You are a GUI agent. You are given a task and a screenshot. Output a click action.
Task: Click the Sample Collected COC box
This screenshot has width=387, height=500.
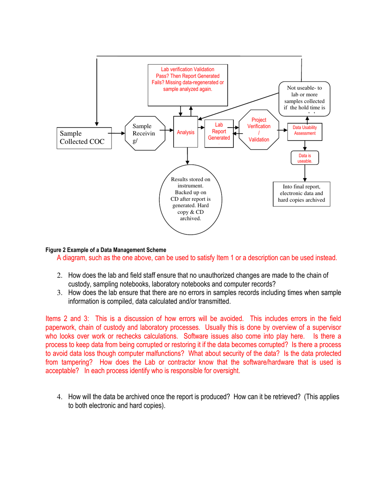pos(84,138)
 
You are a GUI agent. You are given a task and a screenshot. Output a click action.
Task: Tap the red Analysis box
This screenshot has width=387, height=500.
pos(185,133)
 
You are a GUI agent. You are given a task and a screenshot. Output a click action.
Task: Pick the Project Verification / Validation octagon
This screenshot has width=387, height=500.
pos(259,130)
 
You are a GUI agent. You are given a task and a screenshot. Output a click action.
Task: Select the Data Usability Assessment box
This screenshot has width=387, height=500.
pos(305,131)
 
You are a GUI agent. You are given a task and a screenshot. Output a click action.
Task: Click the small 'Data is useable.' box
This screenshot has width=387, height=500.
pos(305,158)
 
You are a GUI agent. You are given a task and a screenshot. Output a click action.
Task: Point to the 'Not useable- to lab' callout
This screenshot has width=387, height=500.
pos(305,98)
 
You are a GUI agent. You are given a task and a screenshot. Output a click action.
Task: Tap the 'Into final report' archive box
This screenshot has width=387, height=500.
pos(302,193)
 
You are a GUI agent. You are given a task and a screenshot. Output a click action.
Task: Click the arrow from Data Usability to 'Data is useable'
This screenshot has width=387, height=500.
pos(305,146)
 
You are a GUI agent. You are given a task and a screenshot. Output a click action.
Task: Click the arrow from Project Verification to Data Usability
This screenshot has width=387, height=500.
pos(284,130)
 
